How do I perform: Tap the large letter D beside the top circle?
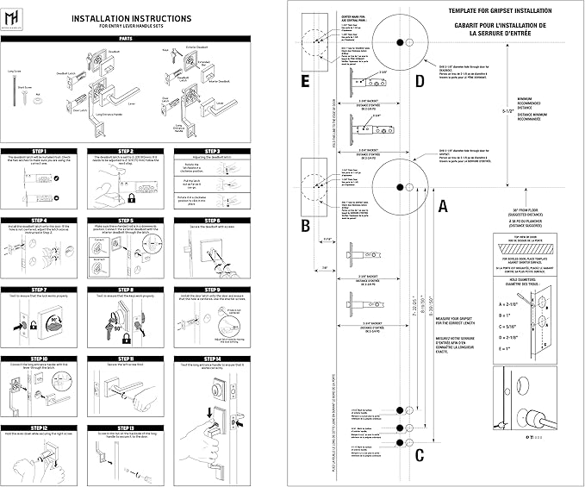click(x=419, y=82)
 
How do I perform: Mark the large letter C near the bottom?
click(x=419, y=455)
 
